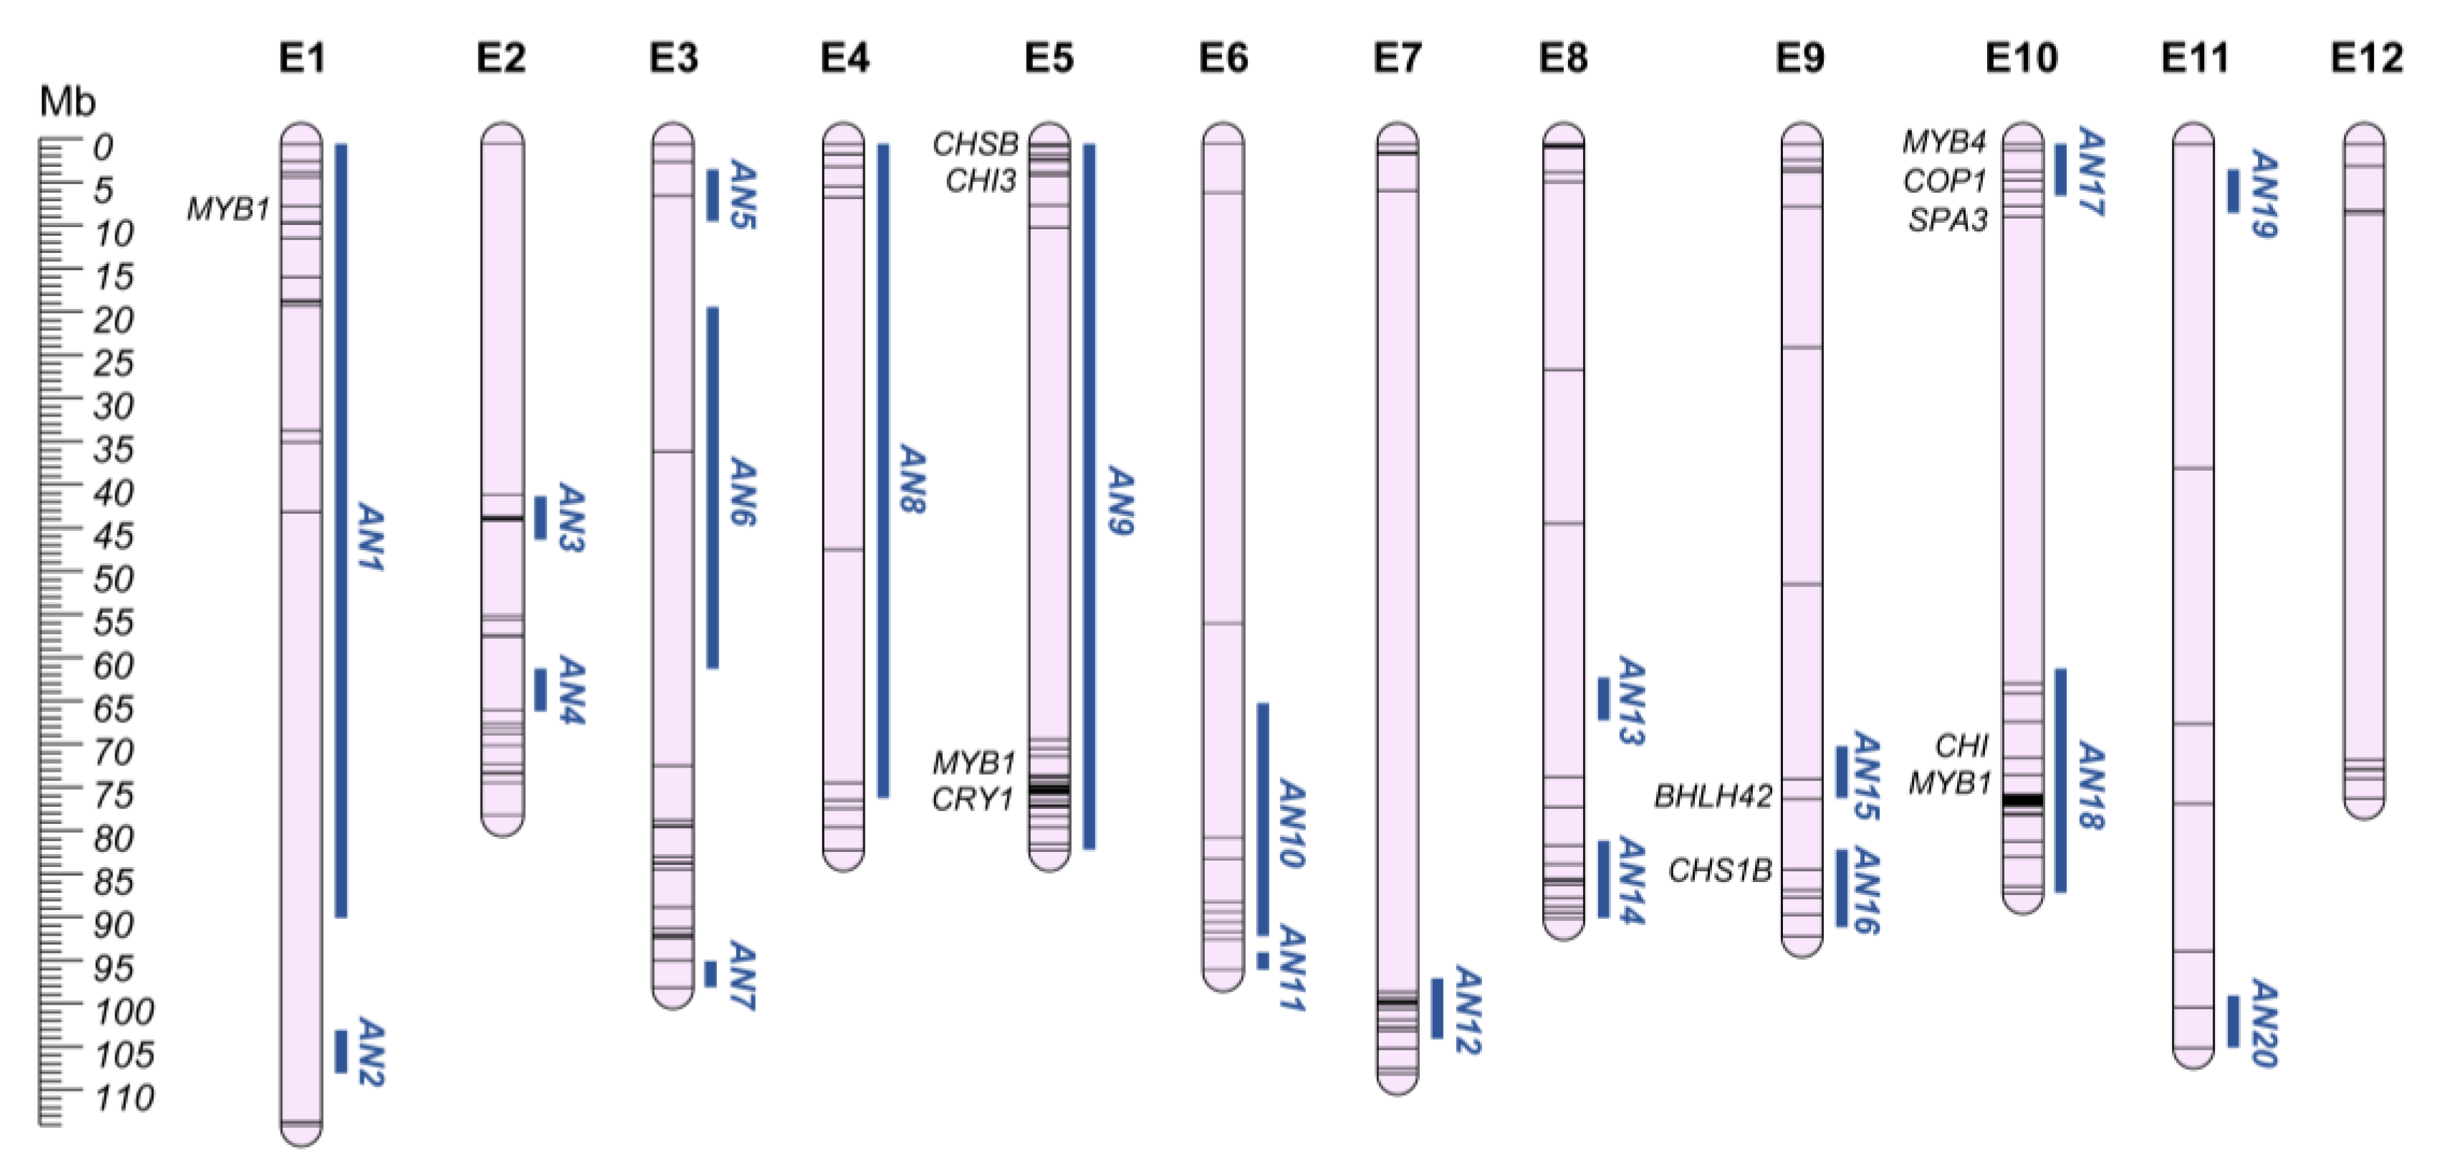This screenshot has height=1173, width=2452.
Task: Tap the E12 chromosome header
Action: (2366, 59)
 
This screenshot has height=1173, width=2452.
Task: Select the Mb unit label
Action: (67, 102)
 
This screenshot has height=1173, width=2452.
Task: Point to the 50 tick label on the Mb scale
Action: (113, 579)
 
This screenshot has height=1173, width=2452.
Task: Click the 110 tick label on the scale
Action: (124, 1098)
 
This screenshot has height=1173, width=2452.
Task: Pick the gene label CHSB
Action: (975, 144)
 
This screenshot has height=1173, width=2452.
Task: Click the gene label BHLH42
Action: (1713, 796)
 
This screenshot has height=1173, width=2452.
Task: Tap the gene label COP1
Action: (1945, 181)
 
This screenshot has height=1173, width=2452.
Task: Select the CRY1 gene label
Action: (972, 800)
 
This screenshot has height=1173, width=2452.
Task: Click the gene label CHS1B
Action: (1720, 870)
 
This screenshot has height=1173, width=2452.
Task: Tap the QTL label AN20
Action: (2263, 1023)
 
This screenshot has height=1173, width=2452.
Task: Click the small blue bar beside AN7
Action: (710, 974)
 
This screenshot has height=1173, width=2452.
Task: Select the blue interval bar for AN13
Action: (1604, 698)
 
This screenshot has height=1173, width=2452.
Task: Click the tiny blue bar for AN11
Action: (1262, 962)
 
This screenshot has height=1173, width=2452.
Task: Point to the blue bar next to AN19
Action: (2233, 191)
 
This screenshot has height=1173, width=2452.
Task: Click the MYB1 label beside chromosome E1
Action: (228, 209)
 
